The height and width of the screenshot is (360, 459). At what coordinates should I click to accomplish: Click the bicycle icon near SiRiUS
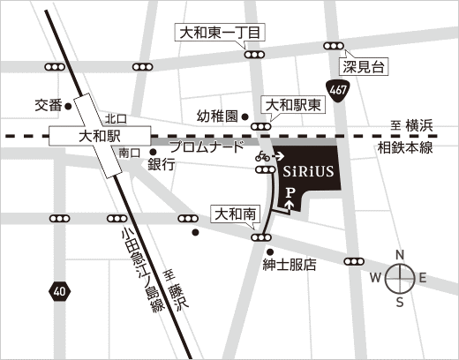[263, 156]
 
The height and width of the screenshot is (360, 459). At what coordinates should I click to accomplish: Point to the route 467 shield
[336, 90]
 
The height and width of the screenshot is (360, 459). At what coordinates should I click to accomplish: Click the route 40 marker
[58, 289]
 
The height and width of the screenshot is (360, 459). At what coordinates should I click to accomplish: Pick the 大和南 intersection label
[235, 213]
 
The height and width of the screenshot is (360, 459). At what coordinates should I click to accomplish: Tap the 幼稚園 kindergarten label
[217, 116]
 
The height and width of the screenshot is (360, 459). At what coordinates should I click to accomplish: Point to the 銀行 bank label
[161, 164]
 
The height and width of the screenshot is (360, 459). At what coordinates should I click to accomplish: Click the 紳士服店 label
[289, 264]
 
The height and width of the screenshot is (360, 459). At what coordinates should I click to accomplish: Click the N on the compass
[399, 255]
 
